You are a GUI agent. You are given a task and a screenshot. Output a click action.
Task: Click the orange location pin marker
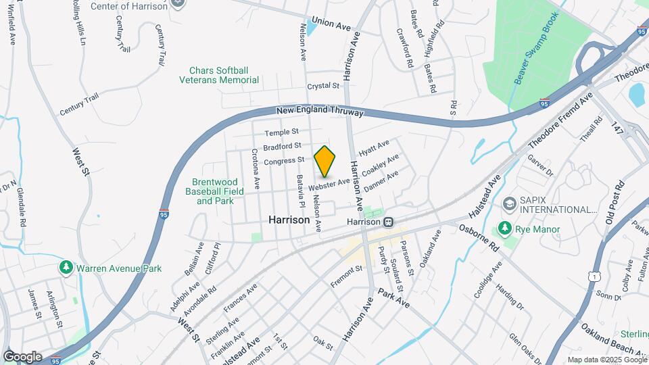point(325,161)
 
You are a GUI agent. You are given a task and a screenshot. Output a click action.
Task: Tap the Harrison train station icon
point(389,222)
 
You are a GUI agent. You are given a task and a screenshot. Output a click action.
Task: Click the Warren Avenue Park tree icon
point(66,268)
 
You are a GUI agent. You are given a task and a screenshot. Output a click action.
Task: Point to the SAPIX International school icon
point(508,204)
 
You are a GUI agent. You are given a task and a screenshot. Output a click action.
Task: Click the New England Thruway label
point(320,111)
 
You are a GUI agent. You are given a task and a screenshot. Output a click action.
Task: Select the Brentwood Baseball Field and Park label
point(215,191)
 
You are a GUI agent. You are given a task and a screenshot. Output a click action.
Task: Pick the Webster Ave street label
point(329,183)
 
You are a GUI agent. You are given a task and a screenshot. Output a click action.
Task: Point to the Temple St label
point(281,132)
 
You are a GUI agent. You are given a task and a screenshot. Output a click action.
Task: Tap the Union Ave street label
point(331,24)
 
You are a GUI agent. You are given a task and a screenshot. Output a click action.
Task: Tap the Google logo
point(22,356)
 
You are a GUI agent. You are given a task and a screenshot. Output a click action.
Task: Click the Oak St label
point(323,343)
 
